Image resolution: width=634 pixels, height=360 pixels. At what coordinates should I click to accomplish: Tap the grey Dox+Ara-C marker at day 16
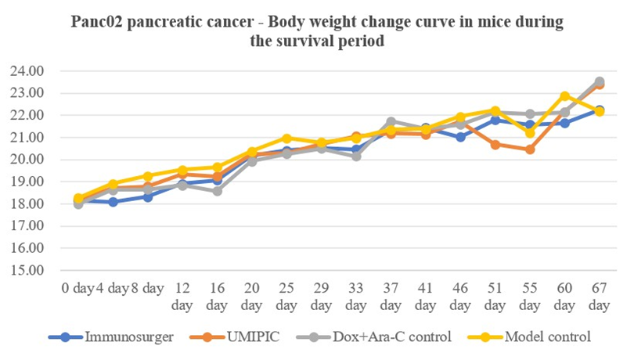tap(217, 191)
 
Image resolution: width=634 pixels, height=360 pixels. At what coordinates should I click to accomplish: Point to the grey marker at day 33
tap(356, 157)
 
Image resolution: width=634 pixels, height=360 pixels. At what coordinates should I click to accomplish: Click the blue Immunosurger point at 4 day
tap(113, 202)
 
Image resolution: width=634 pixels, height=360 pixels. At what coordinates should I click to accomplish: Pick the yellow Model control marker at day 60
tap(565, 96)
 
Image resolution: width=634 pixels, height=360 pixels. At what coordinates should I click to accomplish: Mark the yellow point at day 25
tap(286, 139)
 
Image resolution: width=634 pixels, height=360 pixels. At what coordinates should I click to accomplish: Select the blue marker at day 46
tap(461, 137)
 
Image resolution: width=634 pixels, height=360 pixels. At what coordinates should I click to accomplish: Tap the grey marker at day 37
tap(391, 122)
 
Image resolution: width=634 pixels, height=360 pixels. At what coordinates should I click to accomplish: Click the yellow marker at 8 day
tap(148, 176)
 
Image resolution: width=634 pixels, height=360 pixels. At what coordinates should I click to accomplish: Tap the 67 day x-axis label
tap(600, 295)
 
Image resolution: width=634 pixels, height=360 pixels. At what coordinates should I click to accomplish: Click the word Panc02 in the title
tap(96, 23)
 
